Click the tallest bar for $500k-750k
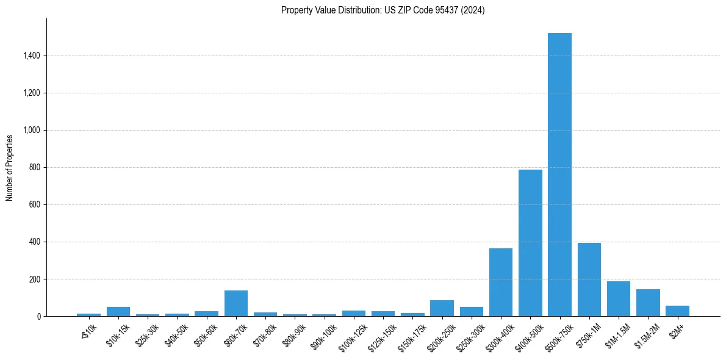pyautogui.click(x=559, y=175)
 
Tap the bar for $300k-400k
pyautogui.click(x=501, y=282)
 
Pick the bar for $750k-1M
pyautogui.click(x=589, y=279)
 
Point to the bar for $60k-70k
pyautogui.click(x=236, y=303)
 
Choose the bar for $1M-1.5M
pyautogui.click(x=619, y=299)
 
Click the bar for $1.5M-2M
pyautogui.click(x=648, y=303)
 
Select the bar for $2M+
pyautogui.click(x=677, y=311)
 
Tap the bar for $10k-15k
pyautogui.click(x=118, y=312)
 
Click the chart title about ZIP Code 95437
pyautogui.click(x=383, y=10)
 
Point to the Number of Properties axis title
pyautogui.click(x=10, y=167)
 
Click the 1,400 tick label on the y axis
pyautogui.click(x=31, y=56)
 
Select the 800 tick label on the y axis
pyautogui.click(x=35, y=168)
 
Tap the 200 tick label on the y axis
pyautogui.click(x=35, y=279)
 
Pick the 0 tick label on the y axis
pyautogui.click(x=38, y=317)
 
